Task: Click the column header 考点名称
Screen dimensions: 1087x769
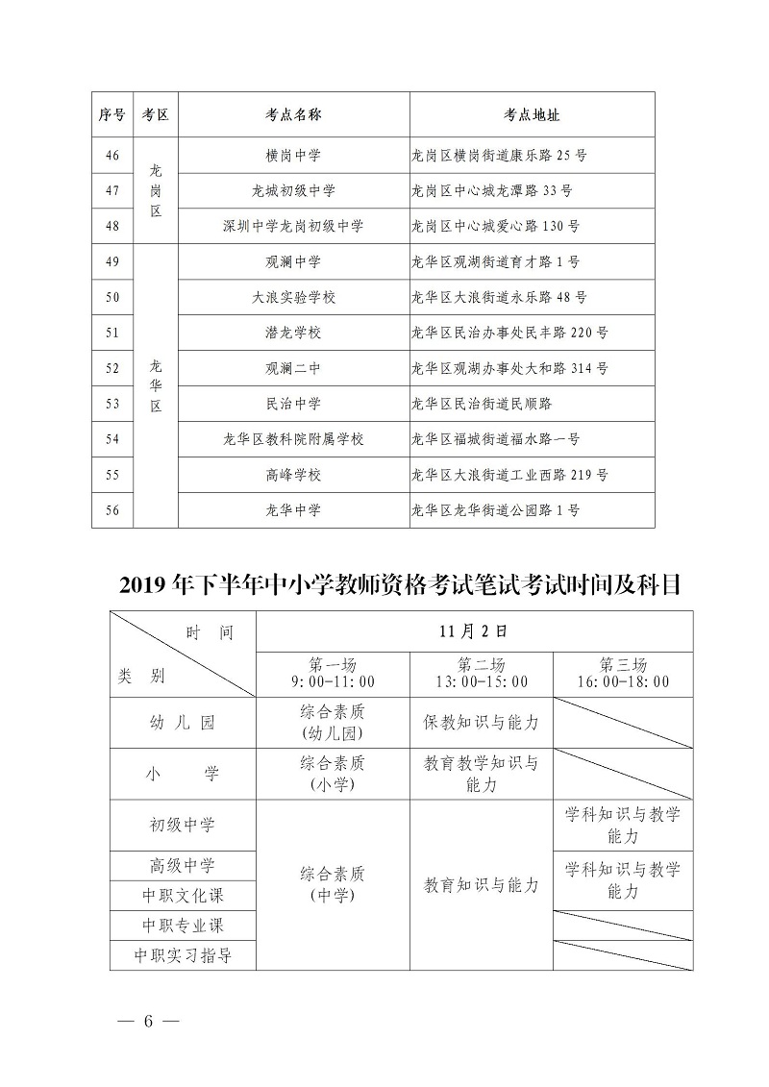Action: tap(293, 114)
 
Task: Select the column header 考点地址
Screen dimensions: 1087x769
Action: tap(532, 114)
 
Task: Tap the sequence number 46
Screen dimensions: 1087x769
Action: tap(112, 155)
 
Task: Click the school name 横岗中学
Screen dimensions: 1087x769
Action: tap(293, 155)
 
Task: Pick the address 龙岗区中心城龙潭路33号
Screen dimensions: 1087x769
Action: tap(490, 190)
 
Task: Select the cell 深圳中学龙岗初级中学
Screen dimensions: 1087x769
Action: tap(293, 227)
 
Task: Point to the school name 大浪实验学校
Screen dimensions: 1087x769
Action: tap(293, 297)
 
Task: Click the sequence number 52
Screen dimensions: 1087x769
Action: tap(112, 368)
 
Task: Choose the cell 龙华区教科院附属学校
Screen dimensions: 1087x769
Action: tap(293, 439)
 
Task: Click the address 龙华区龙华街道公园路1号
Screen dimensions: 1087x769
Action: tap(495, 510)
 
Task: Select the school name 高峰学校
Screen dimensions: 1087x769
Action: tap(293, 475)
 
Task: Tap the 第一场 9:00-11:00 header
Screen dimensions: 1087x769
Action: tap(333, 674)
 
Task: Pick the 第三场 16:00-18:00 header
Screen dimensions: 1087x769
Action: tap(623, 674)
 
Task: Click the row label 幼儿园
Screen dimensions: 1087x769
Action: tap(183, 723)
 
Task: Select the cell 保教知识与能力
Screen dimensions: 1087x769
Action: tap(481, 723)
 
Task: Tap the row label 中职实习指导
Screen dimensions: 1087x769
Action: tap(183, 956)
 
